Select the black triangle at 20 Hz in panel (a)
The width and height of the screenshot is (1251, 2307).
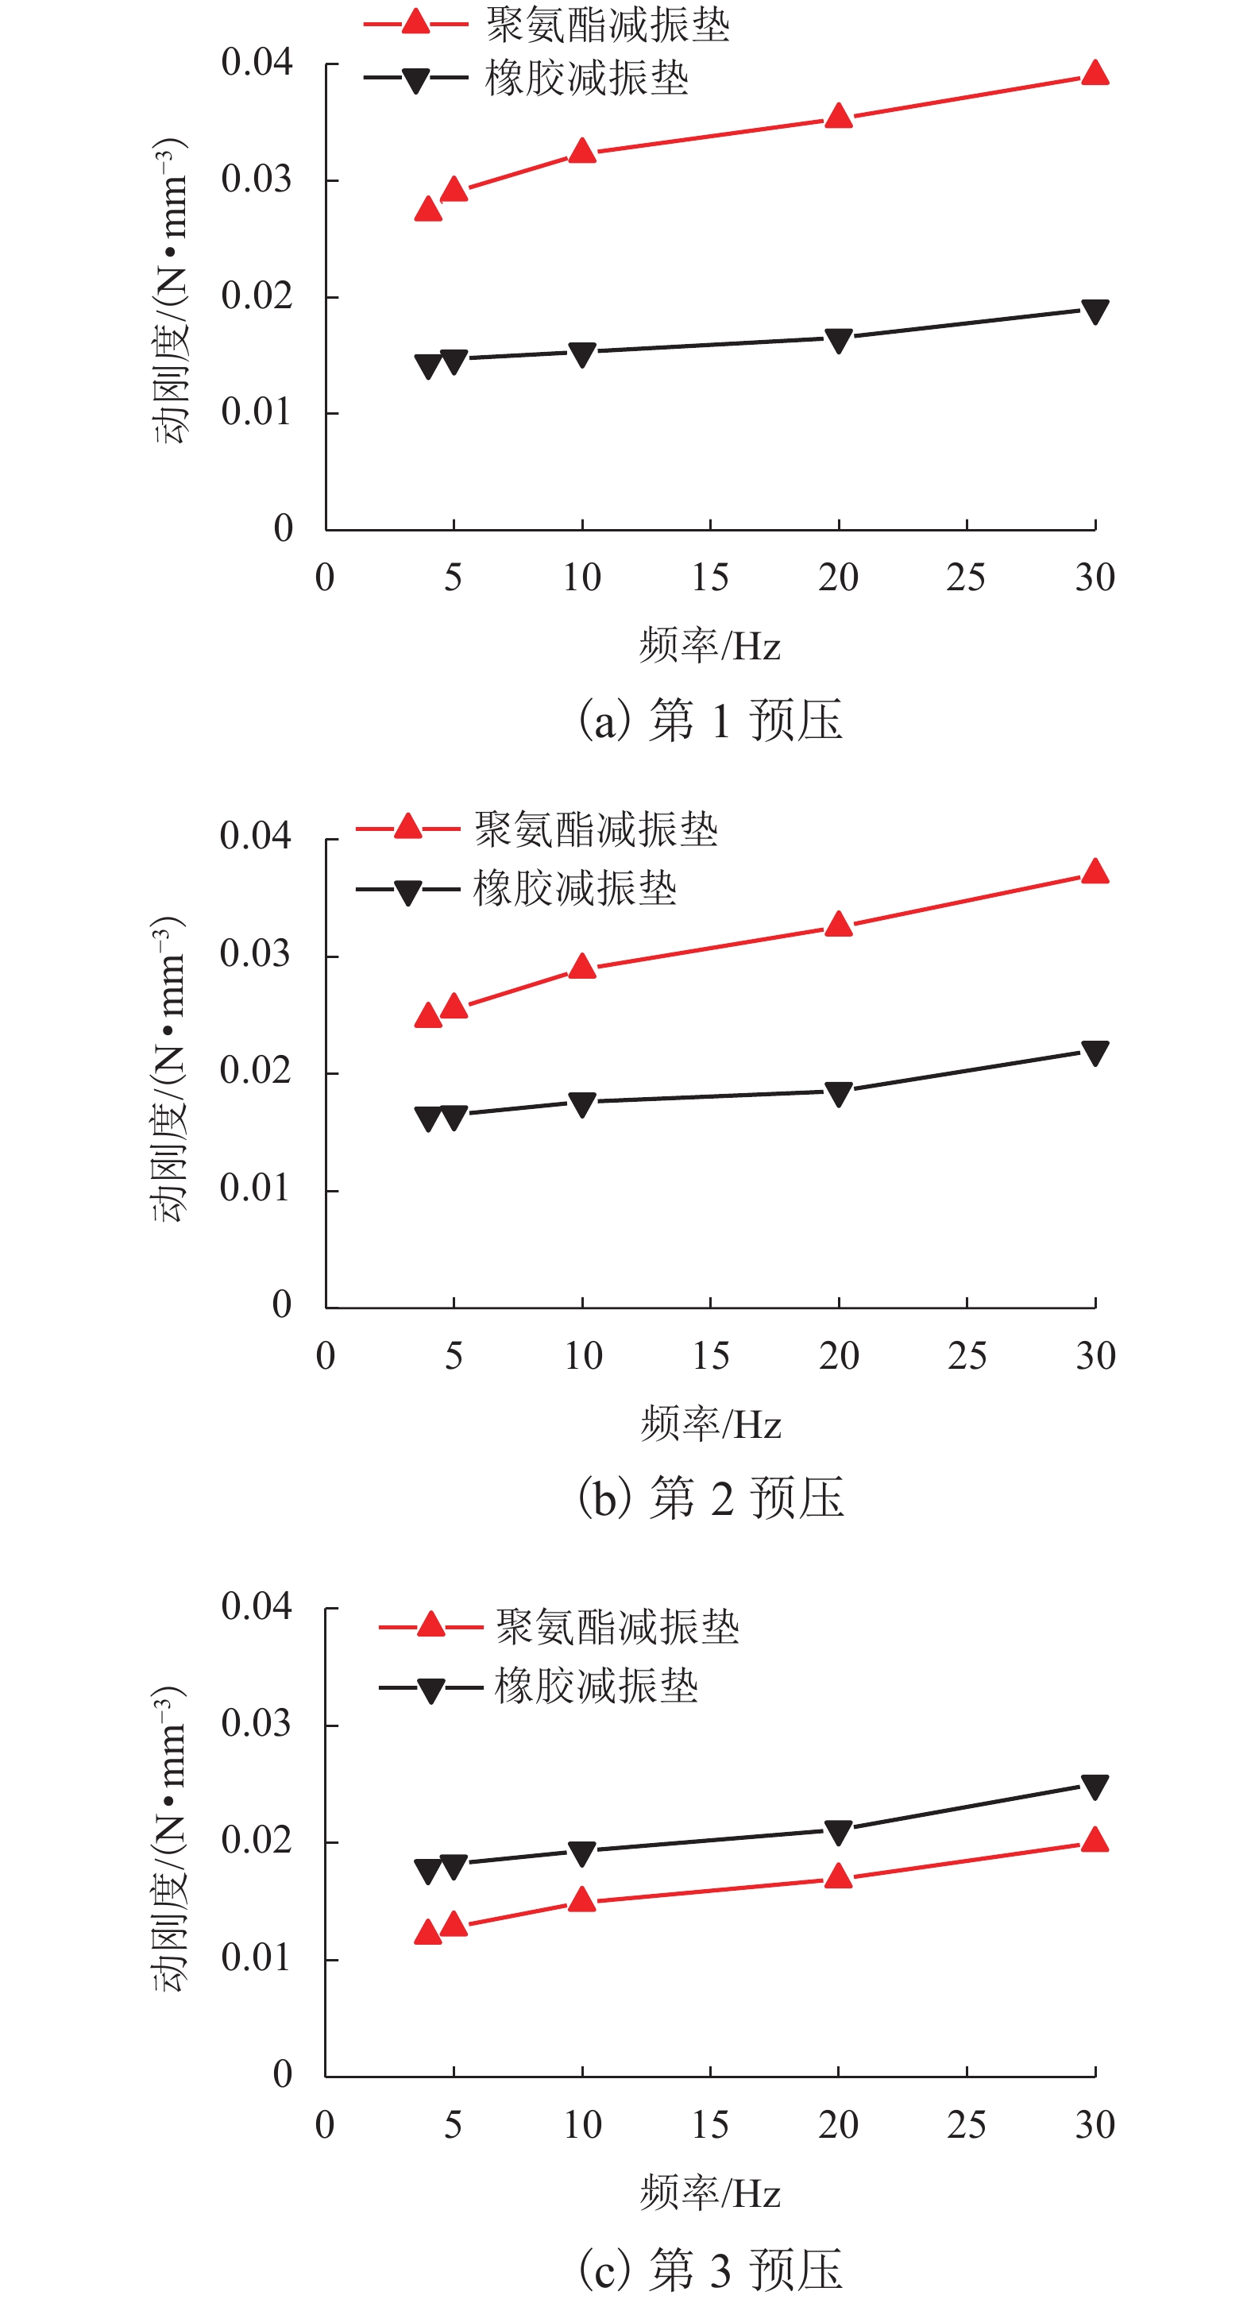click(838, 340)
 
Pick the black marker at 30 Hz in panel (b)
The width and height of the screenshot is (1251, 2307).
click(1095, 1053)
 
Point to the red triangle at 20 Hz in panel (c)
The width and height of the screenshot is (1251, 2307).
click(838, 1877)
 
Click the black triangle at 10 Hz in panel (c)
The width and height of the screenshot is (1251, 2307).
click(582, 1853)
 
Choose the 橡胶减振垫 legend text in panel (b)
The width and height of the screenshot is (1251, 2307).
click(575, 889)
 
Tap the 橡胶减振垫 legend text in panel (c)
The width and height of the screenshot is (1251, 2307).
click(597, 1687)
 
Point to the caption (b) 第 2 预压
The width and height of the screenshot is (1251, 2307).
click(710, 1498)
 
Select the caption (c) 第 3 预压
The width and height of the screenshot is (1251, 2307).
click(710, 2270)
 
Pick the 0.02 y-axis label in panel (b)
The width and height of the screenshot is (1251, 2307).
click(255, 1071)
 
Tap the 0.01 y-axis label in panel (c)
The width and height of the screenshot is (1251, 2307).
click(256, 1958)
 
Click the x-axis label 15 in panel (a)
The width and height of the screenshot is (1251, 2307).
click(710, 578)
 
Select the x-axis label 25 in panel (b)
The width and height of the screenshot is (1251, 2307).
click(967, 1356)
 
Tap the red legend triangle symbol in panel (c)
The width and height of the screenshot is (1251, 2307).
click(431, 1625)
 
